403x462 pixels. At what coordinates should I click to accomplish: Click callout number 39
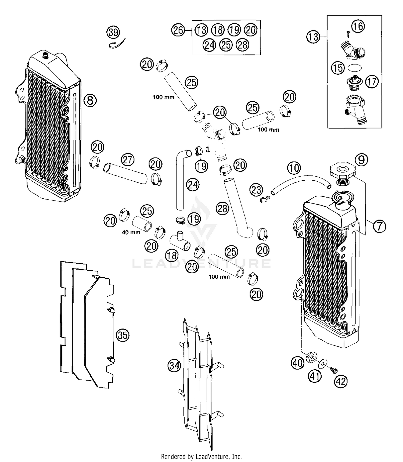tap(113, 33)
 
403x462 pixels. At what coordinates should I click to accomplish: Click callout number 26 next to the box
tap(178, 30)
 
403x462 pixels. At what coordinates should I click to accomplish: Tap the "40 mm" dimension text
tap(131, 232)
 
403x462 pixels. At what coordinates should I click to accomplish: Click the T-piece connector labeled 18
tap(180, 242)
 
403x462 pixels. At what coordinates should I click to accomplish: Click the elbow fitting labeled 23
tap(264, 199)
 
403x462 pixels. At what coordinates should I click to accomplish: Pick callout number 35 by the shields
tap(123, 335)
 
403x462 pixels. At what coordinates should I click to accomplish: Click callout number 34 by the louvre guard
tap(174, 366)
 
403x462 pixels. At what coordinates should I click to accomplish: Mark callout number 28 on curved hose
tap(222, 209)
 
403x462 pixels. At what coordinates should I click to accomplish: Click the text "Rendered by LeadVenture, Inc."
tap(201, 456)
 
